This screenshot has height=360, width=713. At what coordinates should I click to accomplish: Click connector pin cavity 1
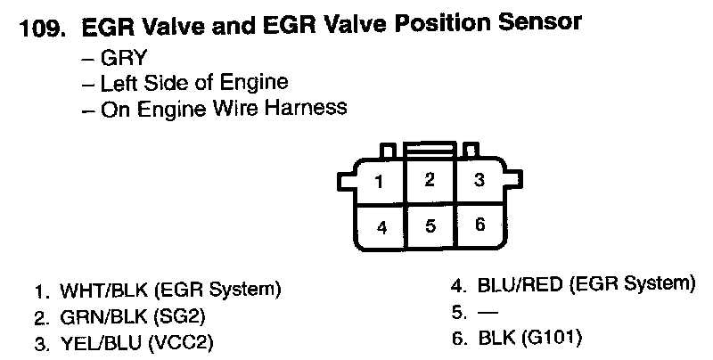379,183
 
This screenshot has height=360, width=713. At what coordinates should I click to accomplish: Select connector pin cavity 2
429,180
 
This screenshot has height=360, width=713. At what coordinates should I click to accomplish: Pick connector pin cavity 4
381,226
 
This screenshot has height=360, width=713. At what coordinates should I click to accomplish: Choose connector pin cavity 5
430,225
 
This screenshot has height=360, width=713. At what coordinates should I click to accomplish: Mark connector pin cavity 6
479,224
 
